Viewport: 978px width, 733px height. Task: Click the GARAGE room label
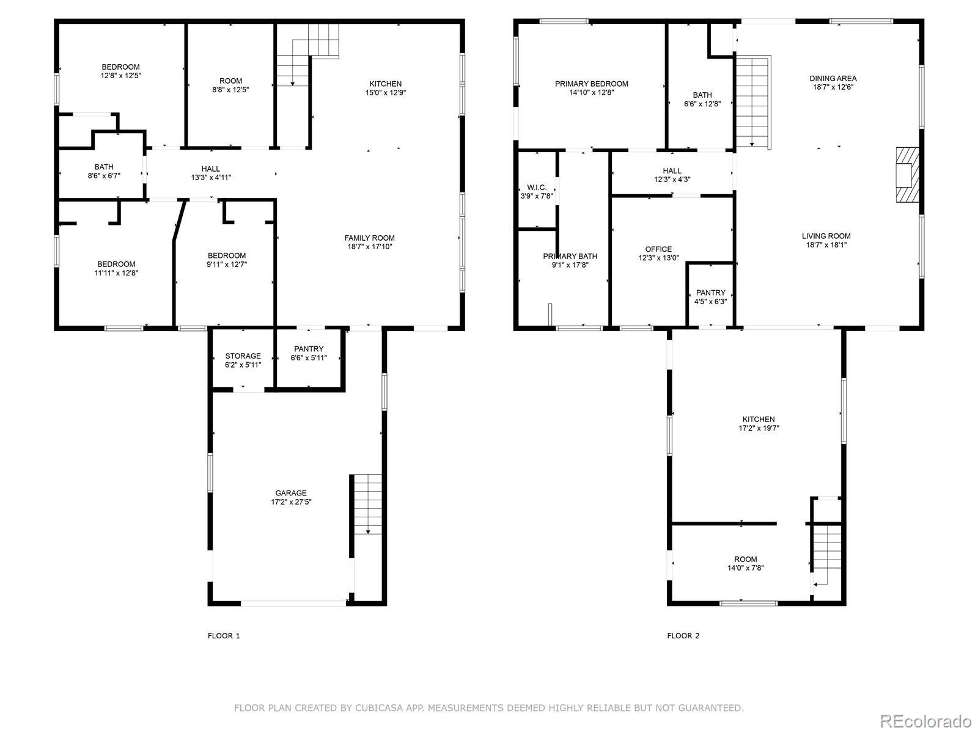[291, 493]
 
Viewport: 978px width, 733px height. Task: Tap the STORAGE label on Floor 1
[243, 356]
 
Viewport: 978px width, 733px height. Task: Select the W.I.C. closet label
[537, 188]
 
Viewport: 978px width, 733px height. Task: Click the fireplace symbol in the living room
[908, 175]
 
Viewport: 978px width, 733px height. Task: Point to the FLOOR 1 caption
[224, 635]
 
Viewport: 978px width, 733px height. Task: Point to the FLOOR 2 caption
[683, 635]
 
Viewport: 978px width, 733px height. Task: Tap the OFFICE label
[658, 249]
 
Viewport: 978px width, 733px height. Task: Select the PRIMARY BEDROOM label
[591, 84]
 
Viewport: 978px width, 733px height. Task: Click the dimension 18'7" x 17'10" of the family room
[369, 247]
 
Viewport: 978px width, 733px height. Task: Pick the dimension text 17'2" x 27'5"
[291, 501]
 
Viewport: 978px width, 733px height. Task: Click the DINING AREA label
[833, 78]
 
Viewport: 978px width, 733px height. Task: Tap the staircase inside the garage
[367, 505]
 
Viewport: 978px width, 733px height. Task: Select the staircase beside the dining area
[752, 102]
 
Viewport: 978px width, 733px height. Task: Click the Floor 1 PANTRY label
[309, 349]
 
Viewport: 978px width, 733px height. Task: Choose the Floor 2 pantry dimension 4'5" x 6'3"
[711, 301]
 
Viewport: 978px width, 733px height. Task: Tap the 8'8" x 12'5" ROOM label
[230, 85]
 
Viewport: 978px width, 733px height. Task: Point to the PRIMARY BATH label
[570, 256]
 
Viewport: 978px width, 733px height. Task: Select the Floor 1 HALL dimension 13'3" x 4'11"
[211, 177]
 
